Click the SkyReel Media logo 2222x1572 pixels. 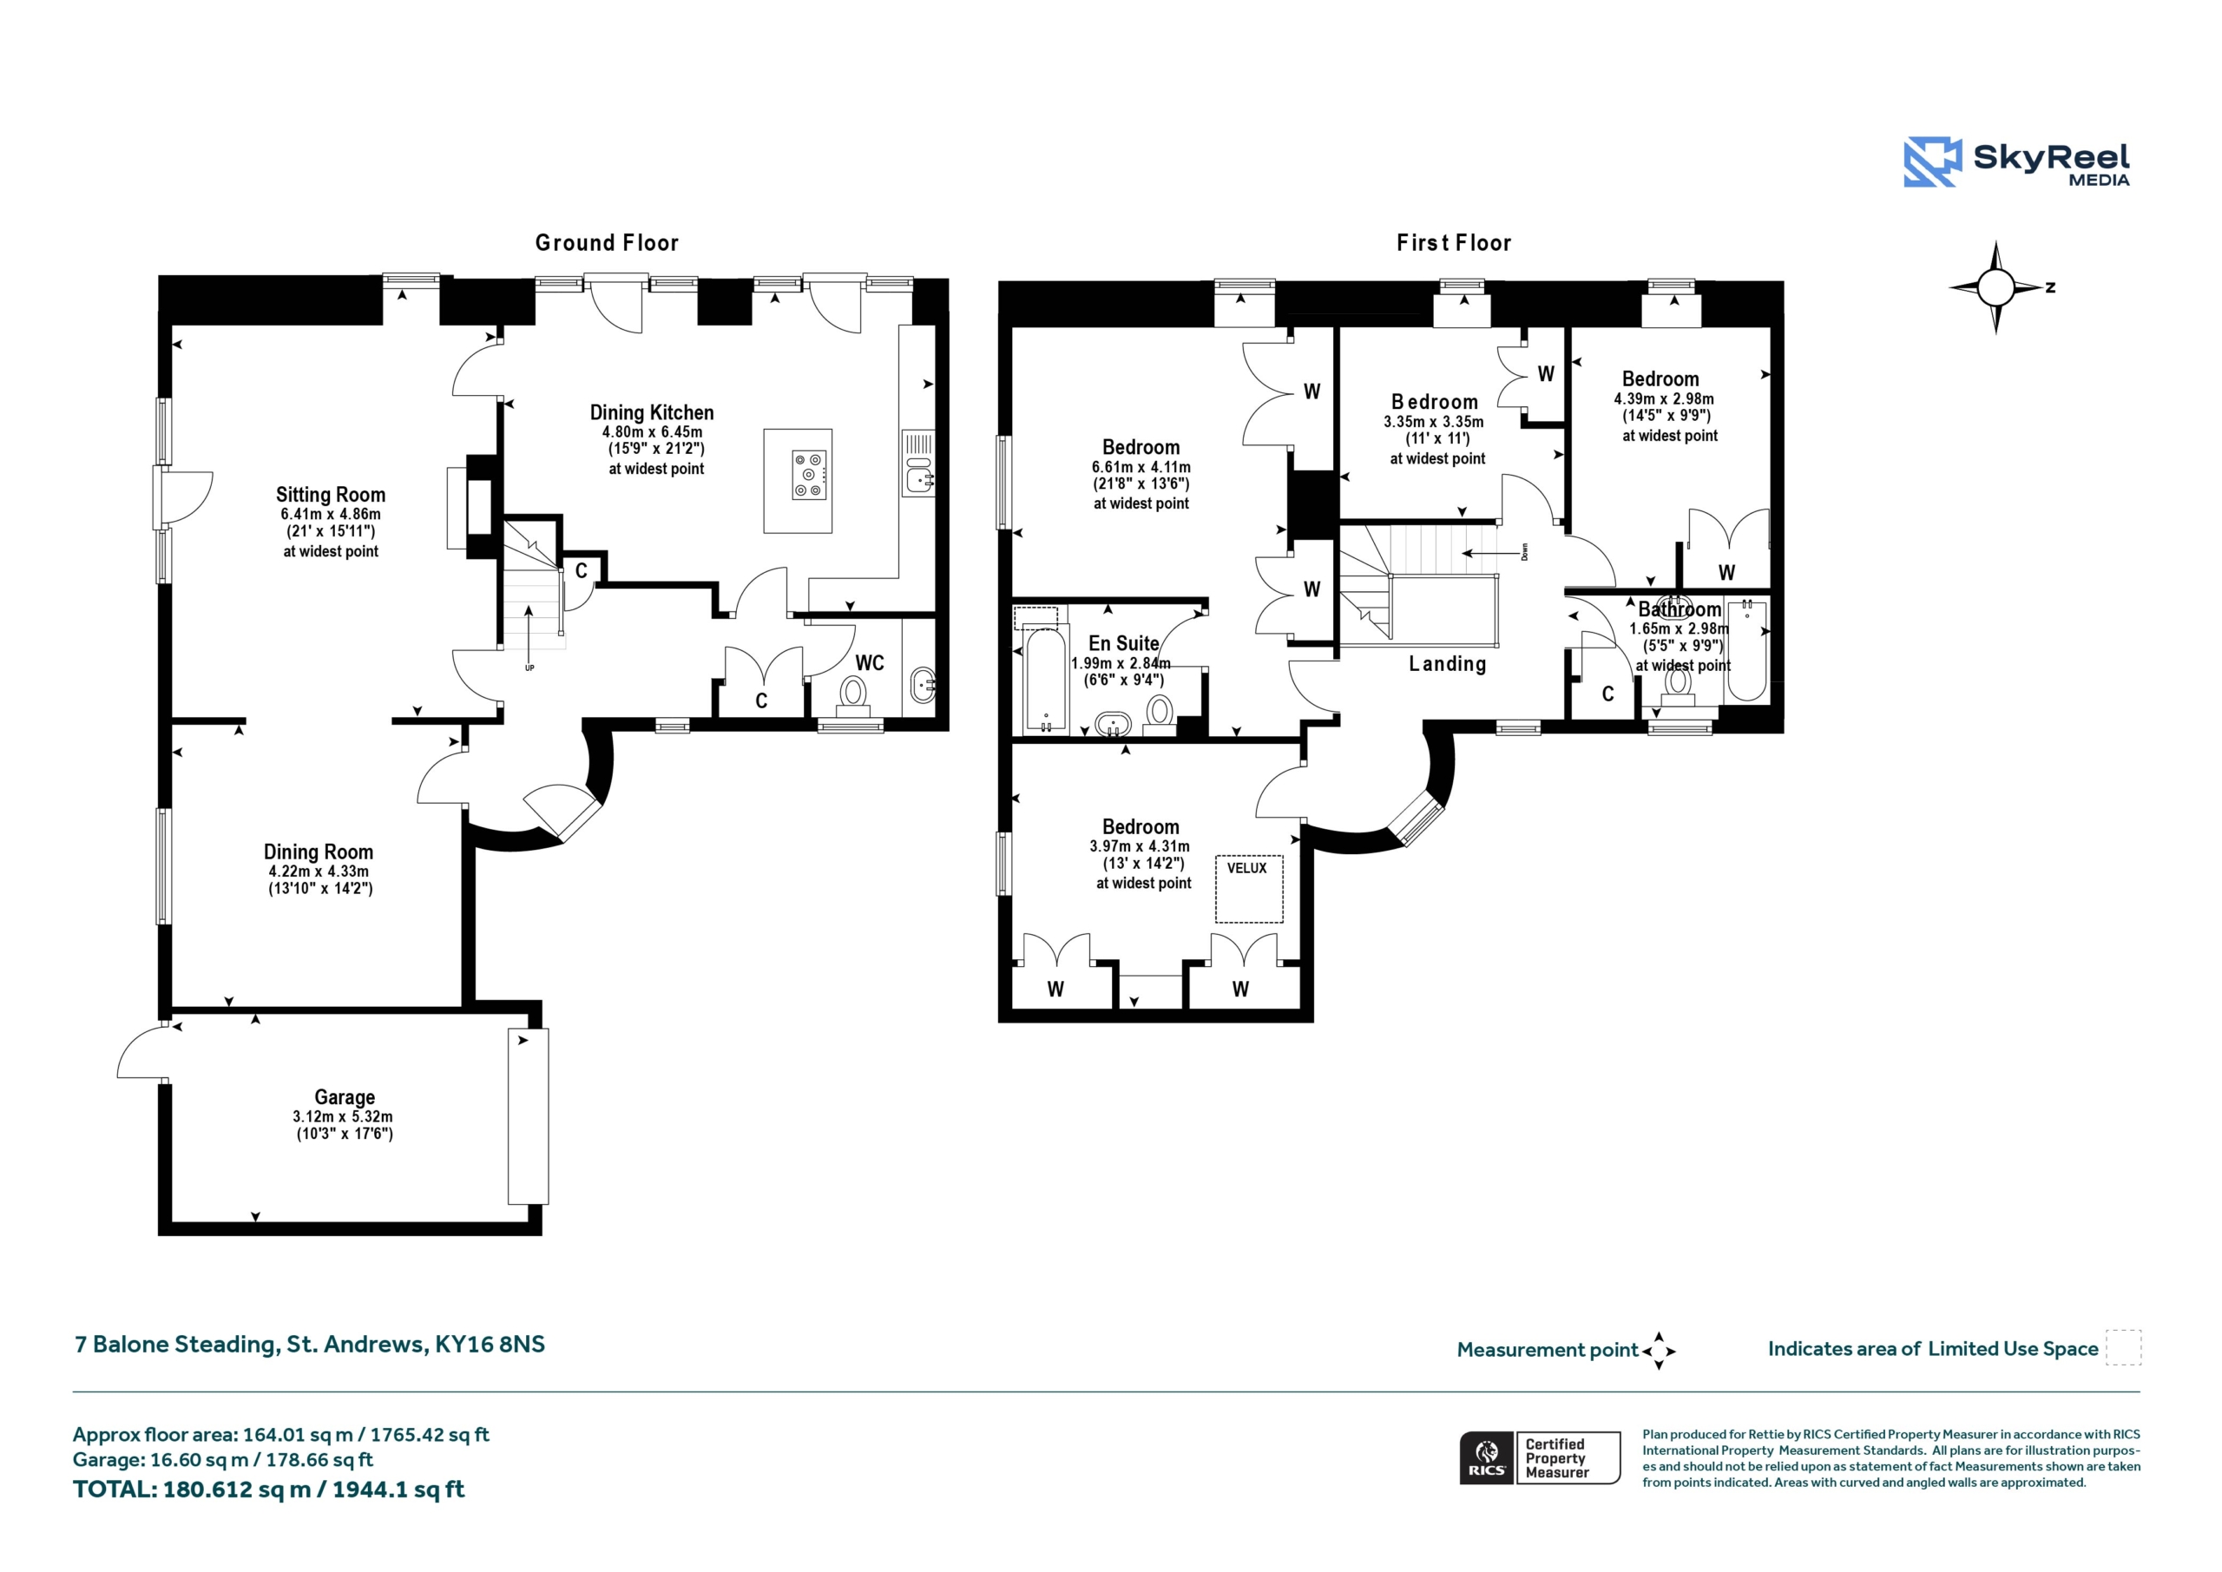click(2017, 162)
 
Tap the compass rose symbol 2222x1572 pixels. click(1995, 287)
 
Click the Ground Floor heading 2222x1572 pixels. click(607, 243)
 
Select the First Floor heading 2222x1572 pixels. click(1454, 243)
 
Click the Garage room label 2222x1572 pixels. click(345, 1096)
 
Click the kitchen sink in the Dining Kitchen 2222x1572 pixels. click(918, 464)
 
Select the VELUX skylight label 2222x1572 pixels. click(1246, 868)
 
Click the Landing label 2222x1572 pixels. click(1447, 664)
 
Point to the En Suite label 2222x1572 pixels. click(1123, 644)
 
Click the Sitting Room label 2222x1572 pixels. click(330, 495)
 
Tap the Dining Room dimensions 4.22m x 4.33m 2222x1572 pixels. click(319, 872)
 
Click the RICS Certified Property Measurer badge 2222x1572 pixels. click(1540, 1457)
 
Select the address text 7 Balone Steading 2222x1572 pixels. click(178, 1345)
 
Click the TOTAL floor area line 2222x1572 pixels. click(269, 1490)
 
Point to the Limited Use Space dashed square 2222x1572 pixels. click(2123, 1347)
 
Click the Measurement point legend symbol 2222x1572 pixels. click(1659, 1351)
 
